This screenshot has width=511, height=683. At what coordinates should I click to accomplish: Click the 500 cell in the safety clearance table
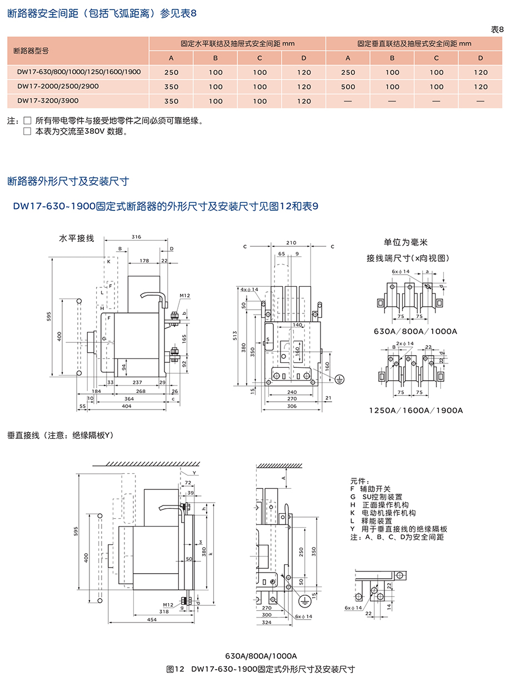click(348, 87)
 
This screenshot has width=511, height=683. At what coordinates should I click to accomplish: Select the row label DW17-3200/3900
click(48, 100)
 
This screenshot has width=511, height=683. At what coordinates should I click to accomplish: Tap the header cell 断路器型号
click(31, 50)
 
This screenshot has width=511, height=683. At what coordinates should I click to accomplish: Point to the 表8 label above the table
click(497, 29)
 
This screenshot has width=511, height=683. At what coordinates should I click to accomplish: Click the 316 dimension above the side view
click(137, 237)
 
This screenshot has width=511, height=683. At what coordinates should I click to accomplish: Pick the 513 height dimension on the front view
click(235, 336)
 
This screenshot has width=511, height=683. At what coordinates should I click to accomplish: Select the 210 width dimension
click(291, 242)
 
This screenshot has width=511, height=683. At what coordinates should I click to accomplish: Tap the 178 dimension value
click(144, 260)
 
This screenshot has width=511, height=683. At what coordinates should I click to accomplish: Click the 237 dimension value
click(137, 382)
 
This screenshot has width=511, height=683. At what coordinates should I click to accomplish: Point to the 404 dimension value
click(127, 406)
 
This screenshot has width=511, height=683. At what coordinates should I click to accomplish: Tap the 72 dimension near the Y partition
click(188, 483)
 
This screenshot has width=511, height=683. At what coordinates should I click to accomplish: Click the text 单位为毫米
click(405, 242)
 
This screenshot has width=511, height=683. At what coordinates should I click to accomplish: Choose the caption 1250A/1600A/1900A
click(416, 411)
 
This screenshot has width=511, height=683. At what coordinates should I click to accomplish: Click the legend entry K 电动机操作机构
click(383, 513)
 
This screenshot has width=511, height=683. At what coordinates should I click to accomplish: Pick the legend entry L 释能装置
click(371, 521)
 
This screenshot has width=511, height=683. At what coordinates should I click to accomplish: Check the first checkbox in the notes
click(27, 120)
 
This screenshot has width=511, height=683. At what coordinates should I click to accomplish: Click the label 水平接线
click(77, 239)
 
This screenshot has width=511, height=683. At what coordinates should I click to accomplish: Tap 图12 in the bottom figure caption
click(176, 669)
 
